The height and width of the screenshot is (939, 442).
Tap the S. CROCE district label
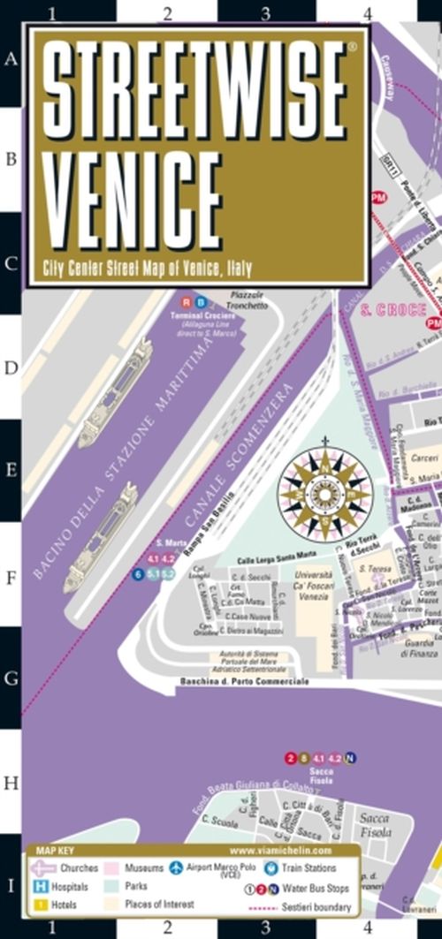click(x=394, y=310)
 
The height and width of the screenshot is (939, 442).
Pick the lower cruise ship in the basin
click(x=100, y=536)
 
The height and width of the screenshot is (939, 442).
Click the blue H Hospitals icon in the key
click(x=40, y=886)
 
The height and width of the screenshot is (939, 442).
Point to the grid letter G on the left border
click(x=11, y=678)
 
